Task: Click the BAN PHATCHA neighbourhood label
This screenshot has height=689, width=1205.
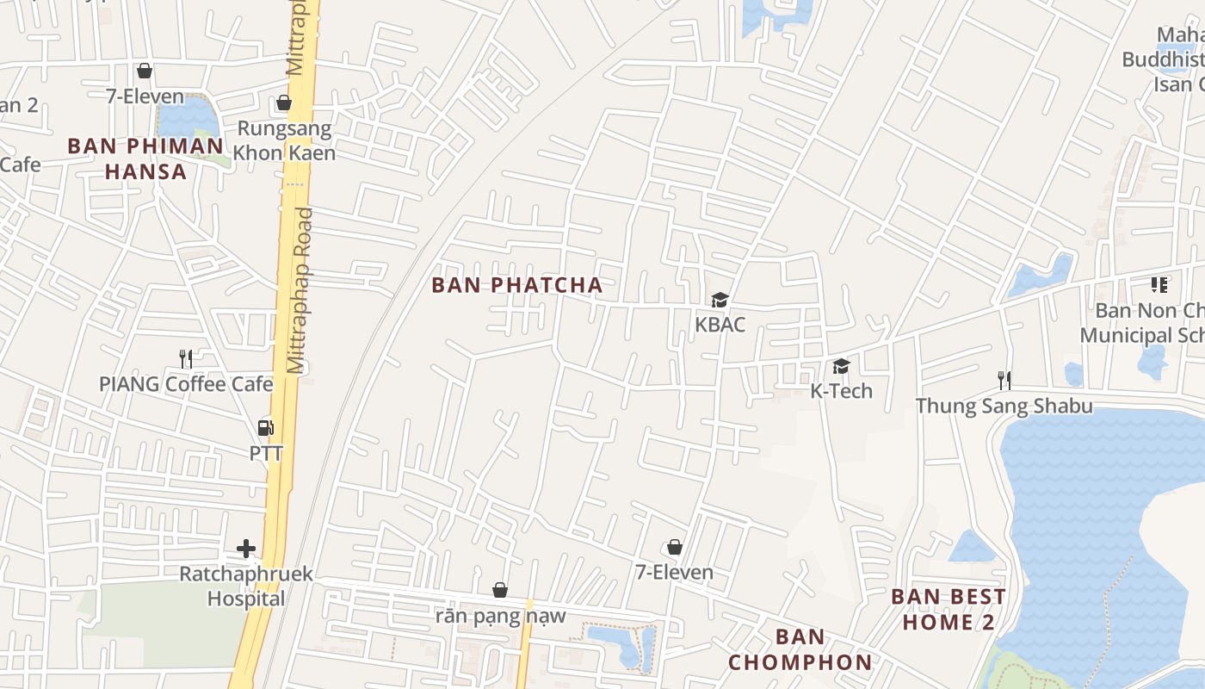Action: click(517, 285)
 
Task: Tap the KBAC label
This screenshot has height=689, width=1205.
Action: click(720, 325)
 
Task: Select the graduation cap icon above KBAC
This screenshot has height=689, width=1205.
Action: click(720, 300)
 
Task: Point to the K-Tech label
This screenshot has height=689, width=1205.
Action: click(841, 391)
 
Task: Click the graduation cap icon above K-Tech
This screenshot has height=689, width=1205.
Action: click(841, 366)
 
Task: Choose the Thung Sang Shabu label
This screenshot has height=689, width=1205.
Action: click(1004, 406)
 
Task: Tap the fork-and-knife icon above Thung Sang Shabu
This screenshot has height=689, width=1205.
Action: click(1004, 380)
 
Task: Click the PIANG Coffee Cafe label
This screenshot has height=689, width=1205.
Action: click(186, 384)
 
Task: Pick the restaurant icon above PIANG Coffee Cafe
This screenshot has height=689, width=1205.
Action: click(186, 358)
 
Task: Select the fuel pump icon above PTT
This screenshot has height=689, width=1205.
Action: click(266, 427)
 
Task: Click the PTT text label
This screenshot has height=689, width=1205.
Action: click(266, 453)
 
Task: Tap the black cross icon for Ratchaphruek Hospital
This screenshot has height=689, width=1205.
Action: click(246, 548)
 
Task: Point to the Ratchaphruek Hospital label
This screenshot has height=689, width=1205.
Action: click(246, 586)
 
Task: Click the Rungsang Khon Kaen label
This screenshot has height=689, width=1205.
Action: click(284, 141)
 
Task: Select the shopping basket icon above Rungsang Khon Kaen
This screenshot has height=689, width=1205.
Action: click(284, 103)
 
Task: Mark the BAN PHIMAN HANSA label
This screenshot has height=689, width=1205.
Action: click(145, 158)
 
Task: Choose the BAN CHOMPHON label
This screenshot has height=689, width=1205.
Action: click(800, 649)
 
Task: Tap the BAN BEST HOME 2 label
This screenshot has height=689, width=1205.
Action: click(949, 609)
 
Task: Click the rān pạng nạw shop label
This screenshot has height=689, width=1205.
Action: click(500, 616)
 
